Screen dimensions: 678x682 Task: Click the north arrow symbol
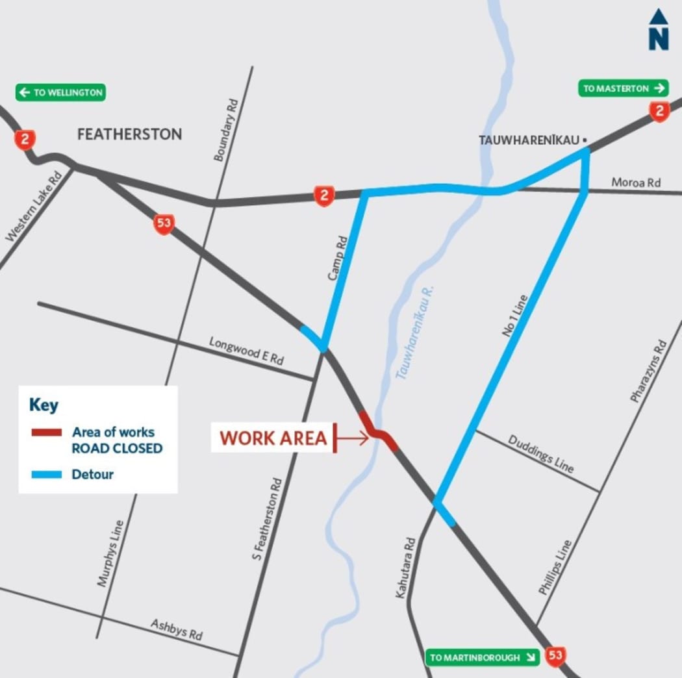(x=658, y=30)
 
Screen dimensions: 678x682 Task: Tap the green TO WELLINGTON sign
(x=60, y=93)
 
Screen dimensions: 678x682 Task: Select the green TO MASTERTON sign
(x=623, y=88)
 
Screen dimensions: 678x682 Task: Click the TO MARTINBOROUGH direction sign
(x=483, y=657)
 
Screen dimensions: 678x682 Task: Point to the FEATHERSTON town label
(x=129, y=134)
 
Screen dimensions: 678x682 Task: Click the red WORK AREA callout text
(x=273, y=438)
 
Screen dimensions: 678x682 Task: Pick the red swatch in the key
(x=47, y=433)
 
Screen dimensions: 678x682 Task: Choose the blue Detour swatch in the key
(x=47, y=475)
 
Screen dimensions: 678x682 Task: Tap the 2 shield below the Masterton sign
(x=659, y=112)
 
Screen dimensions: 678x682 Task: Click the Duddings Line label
(x=540, y=453)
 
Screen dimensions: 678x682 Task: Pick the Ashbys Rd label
(x=177, y=629)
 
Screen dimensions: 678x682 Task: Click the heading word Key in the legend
(x=44, y=405)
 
